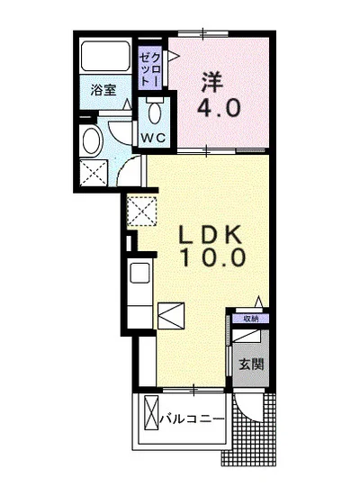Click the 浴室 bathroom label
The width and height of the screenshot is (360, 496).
[x=103, y=90]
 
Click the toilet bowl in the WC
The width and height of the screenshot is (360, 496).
[x=155, y=112]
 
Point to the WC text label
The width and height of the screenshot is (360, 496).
[x=153, y=138]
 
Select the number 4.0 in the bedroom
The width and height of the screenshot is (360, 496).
[x=219, y=107]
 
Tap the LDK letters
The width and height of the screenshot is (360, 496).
[x=210, y=235]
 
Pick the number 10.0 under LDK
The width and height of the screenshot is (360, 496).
[x=213, y=257]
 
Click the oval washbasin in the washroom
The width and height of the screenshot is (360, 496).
[x=92, y=140]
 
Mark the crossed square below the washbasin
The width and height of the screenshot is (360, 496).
[x=94, y=173]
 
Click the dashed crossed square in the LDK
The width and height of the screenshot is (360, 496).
[x=141, y=211]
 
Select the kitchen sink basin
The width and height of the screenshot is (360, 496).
[x=139, y=273]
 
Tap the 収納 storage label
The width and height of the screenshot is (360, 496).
[x=251, y=319]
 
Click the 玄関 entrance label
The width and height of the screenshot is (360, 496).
[x=251, y=364]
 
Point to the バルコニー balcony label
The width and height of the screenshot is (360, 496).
[x=192, y=419]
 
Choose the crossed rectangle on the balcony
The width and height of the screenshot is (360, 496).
[x=151, y=412]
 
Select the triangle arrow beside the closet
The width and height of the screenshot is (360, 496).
[x=173, y=56]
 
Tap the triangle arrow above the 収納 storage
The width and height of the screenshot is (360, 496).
[x=259, y=302]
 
